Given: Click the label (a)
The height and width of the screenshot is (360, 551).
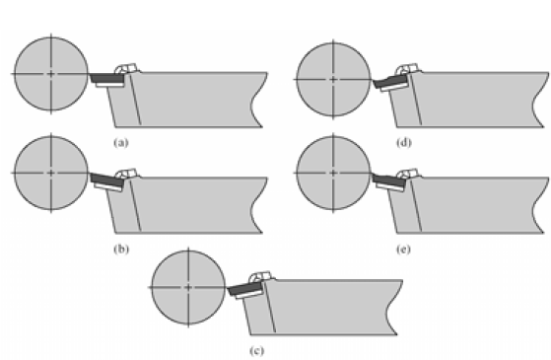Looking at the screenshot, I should pos(121,143).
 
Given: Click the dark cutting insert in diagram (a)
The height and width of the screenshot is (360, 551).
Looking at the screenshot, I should pos(102,77).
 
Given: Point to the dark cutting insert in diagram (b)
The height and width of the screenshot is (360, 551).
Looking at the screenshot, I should pos(102,179).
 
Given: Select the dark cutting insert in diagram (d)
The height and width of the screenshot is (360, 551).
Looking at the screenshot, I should pos(387,80).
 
